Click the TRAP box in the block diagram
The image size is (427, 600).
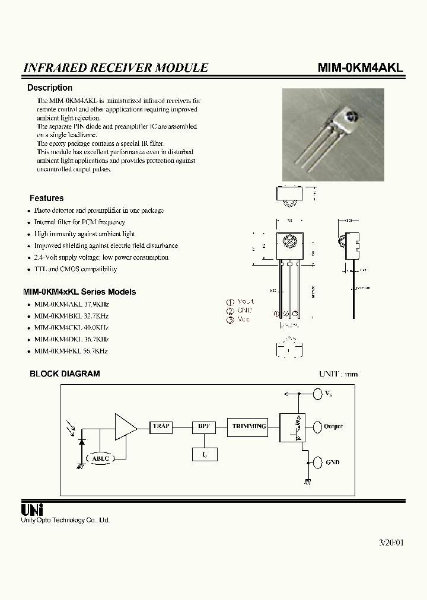tap(161, 427)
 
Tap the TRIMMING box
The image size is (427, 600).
tap(249, 427)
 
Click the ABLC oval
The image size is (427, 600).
tap(101, 458)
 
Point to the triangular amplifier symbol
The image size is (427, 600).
tap(125, 427)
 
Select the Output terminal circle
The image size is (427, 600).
tap(317, 426)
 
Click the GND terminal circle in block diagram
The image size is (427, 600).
tap(317, 462)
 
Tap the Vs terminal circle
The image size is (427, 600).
tap(317, 393)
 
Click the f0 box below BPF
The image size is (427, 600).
tap(205, 454)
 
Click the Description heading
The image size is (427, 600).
tap(50, 88)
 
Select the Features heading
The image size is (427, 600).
tap(46, 198)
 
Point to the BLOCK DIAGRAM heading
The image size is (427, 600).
tap(65, 374)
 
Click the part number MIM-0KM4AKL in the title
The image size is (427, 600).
tap(360, 68)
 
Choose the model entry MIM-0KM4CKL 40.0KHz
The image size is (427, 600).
tap(71, 327)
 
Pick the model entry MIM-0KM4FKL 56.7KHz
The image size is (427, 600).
tap(71, 351)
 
